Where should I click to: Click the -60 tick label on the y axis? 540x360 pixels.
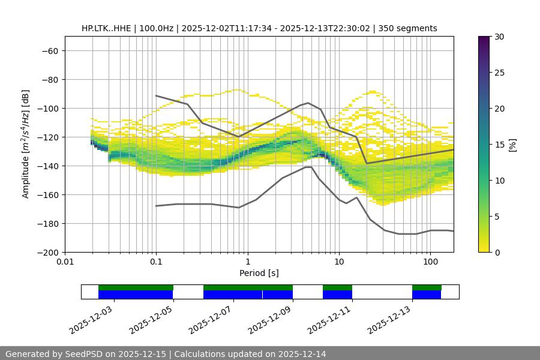pyautogui.click(x=49, y=50)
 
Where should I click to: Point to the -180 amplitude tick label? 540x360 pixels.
pyautogui.click(x=47, y=223)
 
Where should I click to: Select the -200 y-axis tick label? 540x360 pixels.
pyautogui.click(x=47, y=252)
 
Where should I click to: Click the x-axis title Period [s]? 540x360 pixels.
pyautogui.click(x=259, y=273)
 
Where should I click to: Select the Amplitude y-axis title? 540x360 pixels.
pyautogui.click(x=26, y=144)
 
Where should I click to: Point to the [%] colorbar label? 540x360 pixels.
pyautogui.click(x=512, y=145)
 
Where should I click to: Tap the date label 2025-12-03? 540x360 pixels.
pyautogui.click(x=92, y=319)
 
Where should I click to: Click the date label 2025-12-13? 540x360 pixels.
pyautogui.click(x=391, y=319)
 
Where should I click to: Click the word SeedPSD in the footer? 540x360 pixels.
pyautogui.click(x=83, y=354)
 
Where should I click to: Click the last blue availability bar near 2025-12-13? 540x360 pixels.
pyautogui.click(x=427, y=295)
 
